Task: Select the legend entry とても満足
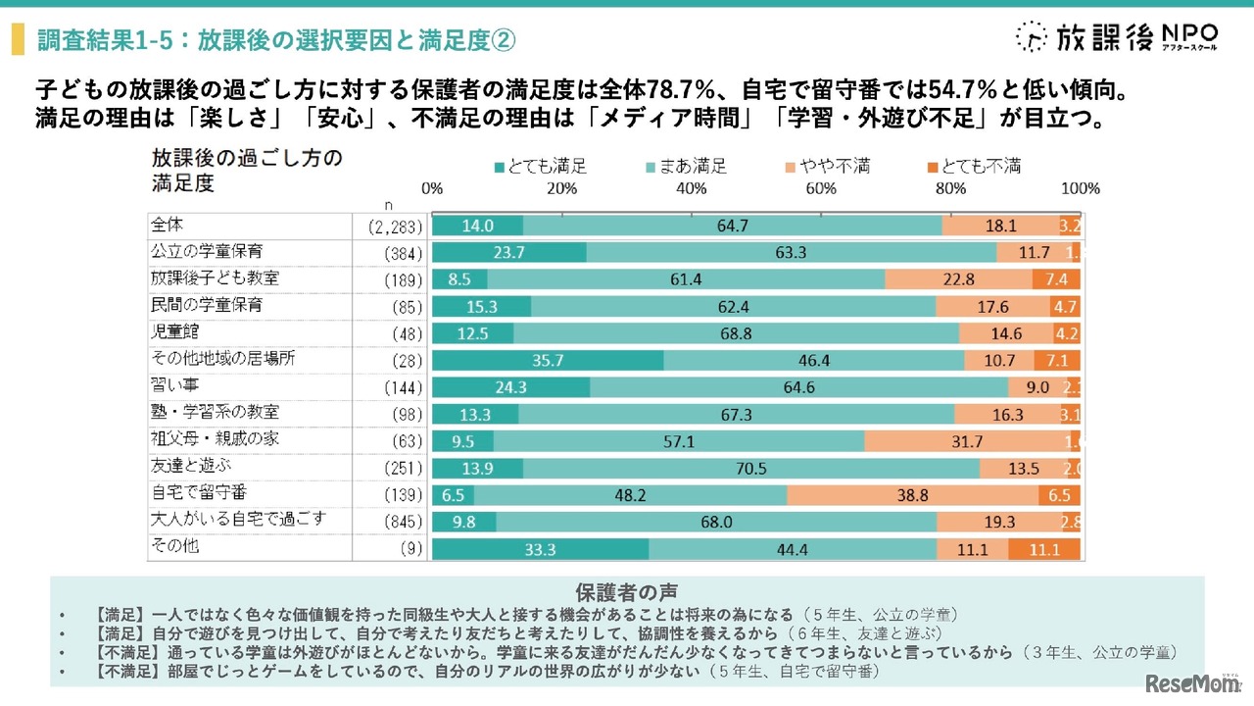[542, 166]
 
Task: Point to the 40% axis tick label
[692, 188]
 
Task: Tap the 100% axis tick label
[1081, 188]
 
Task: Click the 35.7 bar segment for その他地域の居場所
[548, 360]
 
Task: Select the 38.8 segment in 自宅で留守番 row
[913, 494]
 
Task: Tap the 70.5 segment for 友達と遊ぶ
[751, 468]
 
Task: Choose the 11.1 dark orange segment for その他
[1044, 548]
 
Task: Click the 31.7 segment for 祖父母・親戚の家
[967, 440]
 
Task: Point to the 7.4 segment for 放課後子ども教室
[1056, 279]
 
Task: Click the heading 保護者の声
[626, 591]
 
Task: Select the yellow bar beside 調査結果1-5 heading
[17, 39]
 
